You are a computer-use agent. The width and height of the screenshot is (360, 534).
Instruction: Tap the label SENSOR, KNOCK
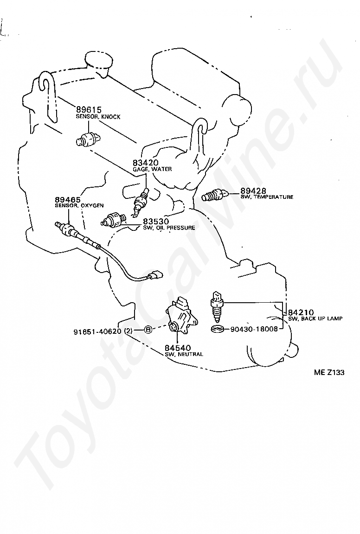pos(98,117)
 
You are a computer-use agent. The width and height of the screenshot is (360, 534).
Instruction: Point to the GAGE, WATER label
pos(152,169)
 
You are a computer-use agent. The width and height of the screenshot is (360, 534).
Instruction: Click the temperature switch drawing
pos(214,196)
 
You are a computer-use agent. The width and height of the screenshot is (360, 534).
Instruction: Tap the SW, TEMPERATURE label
pos(267,197)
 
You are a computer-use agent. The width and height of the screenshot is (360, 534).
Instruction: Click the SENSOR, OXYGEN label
pos(79,205)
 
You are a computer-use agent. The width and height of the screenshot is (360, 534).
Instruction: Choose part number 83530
pos(156,222)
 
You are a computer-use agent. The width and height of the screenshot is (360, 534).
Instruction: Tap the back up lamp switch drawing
pos(217,307)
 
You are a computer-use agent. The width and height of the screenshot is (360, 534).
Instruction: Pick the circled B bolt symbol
pos(148,330)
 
